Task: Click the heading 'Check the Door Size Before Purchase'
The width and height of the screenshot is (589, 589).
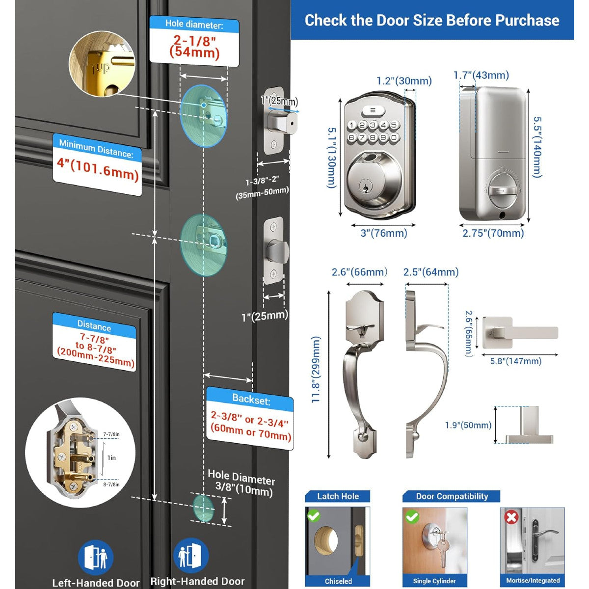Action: (x=432, y=20)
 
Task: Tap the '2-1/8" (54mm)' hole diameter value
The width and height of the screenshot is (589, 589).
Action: (x=194, y=47)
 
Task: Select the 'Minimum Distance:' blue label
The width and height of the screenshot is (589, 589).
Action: (x=96, y=148)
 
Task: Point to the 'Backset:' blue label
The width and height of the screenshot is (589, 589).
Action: (x=251, y=399)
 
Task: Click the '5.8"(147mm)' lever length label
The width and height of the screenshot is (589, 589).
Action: (x=515, y=361)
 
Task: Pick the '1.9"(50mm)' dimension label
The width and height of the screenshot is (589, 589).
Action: (x=468, y=425)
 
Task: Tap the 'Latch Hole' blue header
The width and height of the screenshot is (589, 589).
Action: (x=338, y=496)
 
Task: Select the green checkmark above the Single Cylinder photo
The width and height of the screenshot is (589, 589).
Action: (x=412, y=517)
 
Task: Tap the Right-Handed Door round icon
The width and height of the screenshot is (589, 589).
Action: (x=191, y=555)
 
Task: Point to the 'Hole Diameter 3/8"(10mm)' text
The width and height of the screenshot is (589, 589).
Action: (x=241, y=483)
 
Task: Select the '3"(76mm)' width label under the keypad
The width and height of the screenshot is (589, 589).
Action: (x=384, y=233)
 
